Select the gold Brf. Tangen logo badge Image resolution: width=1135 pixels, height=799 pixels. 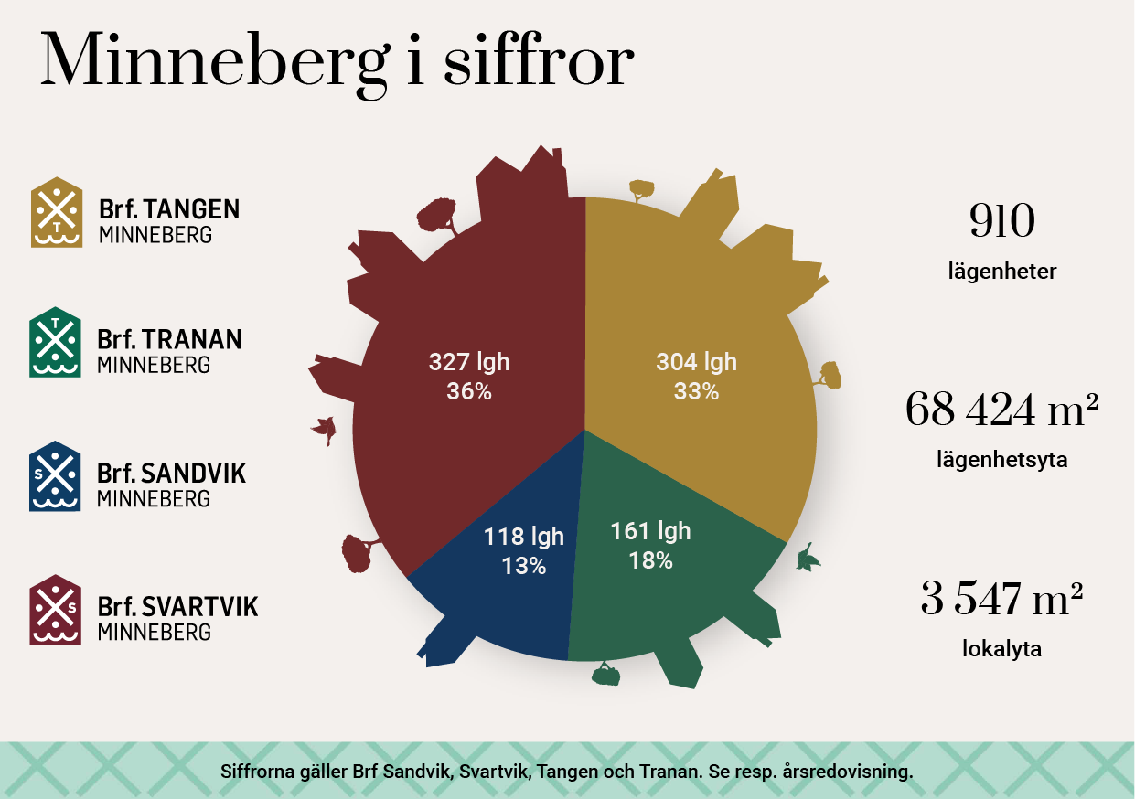click(x=57, y=212)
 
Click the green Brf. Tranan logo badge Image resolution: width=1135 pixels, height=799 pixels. click(x=56, y=342)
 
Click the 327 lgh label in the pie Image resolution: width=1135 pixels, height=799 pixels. click(x=469, y=362)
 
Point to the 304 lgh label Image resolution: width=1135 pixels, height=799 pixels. click(x=696, y=362)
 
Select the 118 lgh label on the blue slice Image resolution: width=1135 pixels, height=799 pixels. click(x=524, y=537)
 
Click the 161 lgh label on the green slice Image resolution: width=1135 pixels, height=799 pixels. click(x=650, y=531)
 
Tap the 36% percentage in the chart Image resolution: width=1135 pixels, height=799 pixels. click(x=469, y=391)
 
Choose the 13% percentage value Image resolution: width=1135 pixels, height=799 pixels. click(x=523, y=566)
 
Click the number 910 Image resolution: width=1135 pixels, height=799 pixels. click(x=1001, y=222)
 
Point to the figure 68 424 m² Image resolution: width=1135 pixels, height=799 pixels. click(x=1001, y=410)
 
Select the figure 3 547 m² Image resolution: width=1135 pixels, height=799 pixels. click(x=1001, y=600)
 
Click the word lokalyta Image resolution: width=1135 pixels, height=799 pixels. click(x=1001, y=650)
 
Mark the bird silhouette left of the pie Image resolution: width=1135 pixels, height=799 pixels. click(x=325, y=428)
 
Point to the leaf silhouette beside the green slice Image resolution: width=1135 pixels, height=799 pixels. click(x=808, y=557)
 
